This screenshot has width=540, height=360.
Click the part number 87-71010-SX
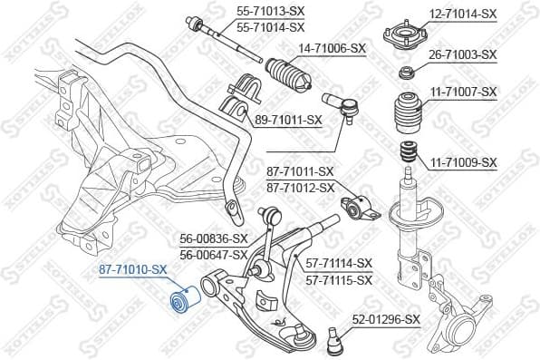pyautogui.click(x=133, y=269)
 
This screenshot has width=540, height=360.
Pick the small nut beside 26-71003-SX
pyautogui.click(x=407, y=73)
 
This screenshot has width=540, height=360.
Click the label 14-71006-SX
pyautogui.click(x=332, y=47)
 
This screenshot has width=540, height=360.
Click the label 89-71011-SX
pyautogui.click(x=289, y=119)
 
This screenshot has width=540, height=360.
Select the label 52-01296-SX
pyautogui.click(x=386, y=319)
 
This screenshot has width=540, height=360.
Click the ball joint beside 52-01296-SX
pyautogui.click(x=334, y=339)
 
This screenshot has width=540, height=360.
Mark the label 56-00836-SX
pyautogui.click(x=213, y=239)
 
